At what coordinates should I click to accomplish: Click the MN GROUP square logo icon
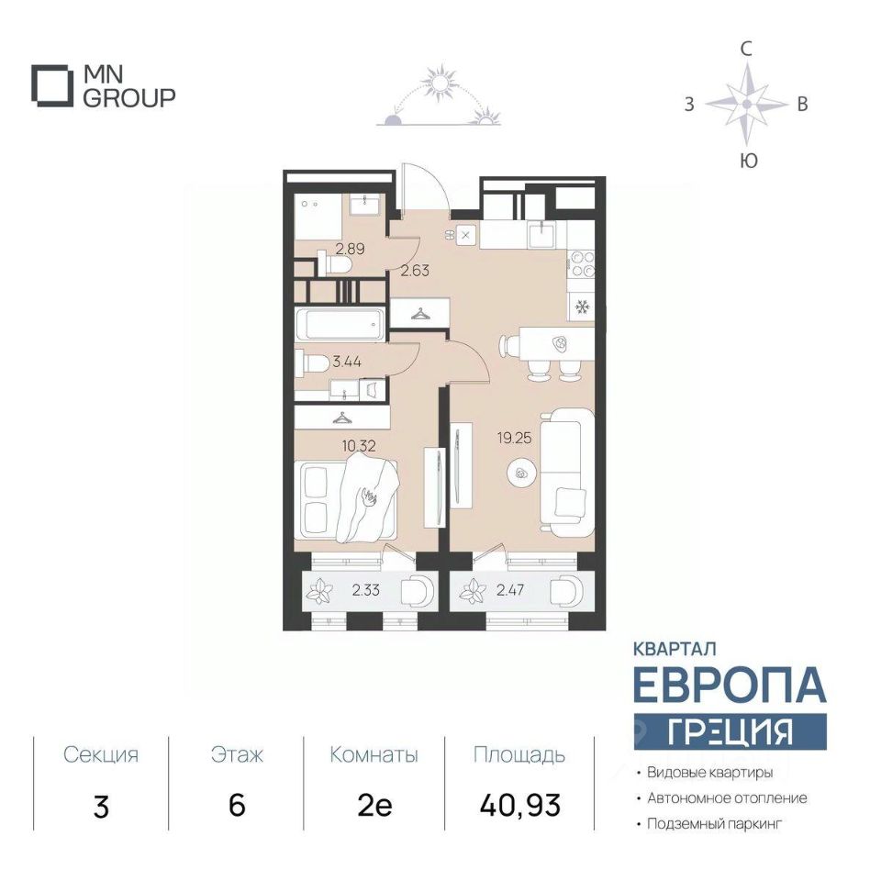51,86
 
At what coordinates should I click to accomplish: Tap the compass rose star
746,105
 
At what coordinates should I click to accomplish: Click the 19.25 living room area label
514,438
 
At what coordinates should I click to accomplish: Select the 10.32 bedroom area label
359,446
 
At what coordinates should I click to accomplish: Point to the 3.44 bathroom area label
347,362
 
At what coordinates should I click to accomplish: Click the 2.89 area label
350,249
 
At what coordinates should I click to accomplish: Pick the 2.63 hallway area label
415,271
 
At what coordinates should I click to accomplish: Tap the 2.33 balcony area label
366,590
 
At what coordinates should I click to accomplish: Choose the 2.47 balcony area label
510,590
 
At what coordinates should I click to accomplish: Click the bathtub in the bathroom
340,324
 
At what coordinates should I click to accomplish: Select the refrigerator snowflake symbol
581,307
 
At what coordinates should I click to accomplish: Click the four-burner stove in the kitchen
582,263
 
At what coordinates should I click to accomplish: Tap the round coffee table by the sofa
521,474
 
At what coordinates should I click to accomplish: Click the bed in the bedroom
346,500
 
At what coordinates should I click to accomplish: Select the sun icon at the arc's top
440,83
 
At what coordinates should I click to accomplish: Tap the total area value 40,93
520,805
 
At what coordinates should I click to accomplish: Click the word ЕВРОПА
730,685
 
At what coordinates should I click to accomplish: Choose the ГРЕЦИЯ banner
730,731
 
